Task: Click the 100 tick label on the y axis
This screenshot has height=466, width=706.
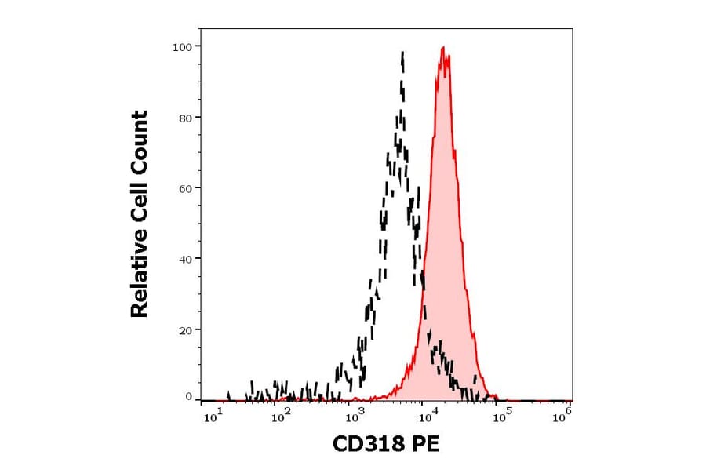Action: tap(183, 46)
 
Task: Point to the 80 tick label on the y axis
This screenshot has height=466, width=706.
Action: tap(185, 118)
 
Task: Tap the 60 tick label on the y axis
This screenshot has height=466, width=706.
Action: tap(185, 188)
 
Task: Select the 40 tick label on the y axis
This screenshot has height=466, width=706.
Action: tap(185, 259)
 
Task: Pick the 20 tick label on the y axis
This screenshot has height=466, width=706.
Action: tap(185, 329)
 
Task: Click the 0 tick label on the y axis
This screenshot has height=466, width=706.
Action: tap(188, 397)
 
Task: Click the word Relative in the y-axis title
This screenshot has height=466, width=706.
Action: tap(139, 278)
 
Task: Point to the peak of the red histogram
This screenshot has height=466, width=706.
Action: tap(444, 48)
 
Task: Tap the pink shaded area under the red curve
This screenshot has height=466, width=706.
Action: tap(446, 235)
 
